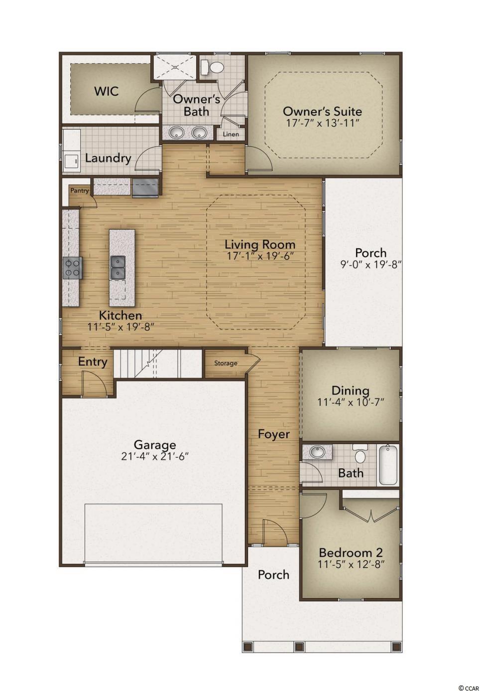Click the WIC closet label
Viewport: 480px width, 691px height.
(106, 91)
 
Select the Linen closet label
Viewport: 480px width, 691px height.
(231, 134)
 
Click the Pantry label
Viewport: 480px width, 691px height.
(80, 190)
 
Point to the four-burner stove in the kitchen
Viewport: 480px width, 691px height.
(73, 268)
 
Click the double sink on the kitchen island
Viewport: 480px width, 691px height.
(118, 267)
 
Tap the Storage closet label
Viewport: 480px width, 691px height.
(226, 363)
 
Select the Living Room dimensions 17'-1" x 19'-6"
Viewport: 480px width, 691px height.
(259, 256)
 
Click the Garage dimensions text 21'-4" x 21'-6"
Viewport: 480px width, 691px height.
(155, 456)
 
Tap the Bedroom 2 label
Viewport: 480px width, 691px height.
(351, 552)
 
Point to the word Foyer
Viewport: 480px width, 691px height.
(273, 434)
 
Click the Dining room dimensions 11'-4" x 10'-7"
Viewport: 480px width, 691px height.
(351, 402)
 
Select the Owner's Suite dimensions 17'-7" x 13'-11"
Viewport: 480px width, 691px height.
(323, 123)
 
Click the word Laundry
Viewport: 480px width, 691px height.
(108, 158)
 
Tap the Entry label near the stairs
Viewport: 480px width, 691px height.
(93, 361)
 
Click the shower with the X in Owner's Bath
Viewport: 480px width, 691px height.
(175, 67)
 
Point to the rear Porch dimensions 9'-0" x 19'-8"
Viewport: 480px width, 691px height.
(371, 264)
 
